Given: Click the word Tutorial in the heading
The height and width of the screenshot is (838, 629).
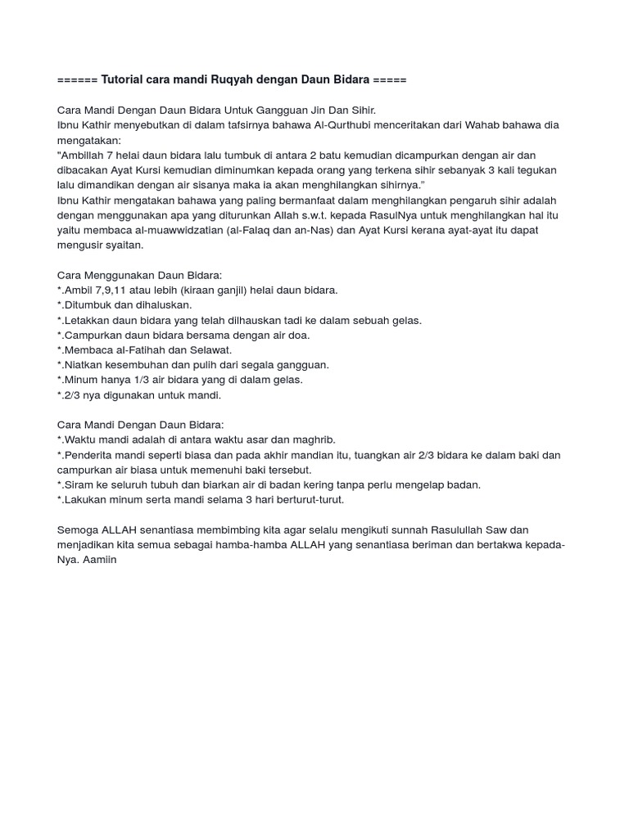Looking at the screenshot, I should [122, 79].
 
